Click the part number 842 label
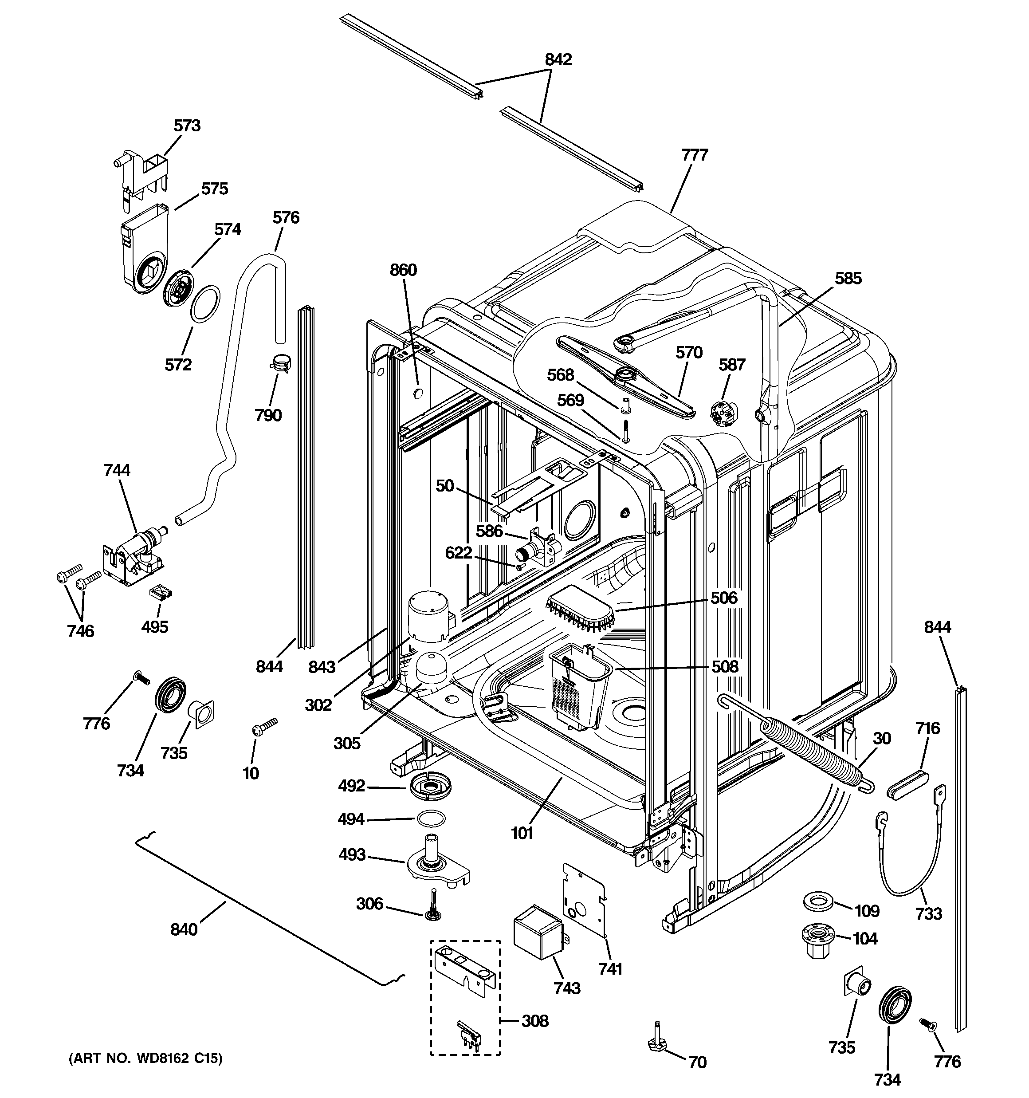point(558,59)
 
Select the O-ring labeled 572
point(205,303)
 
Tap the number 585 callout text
point(848,278)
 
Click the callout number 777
point(694,155)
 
